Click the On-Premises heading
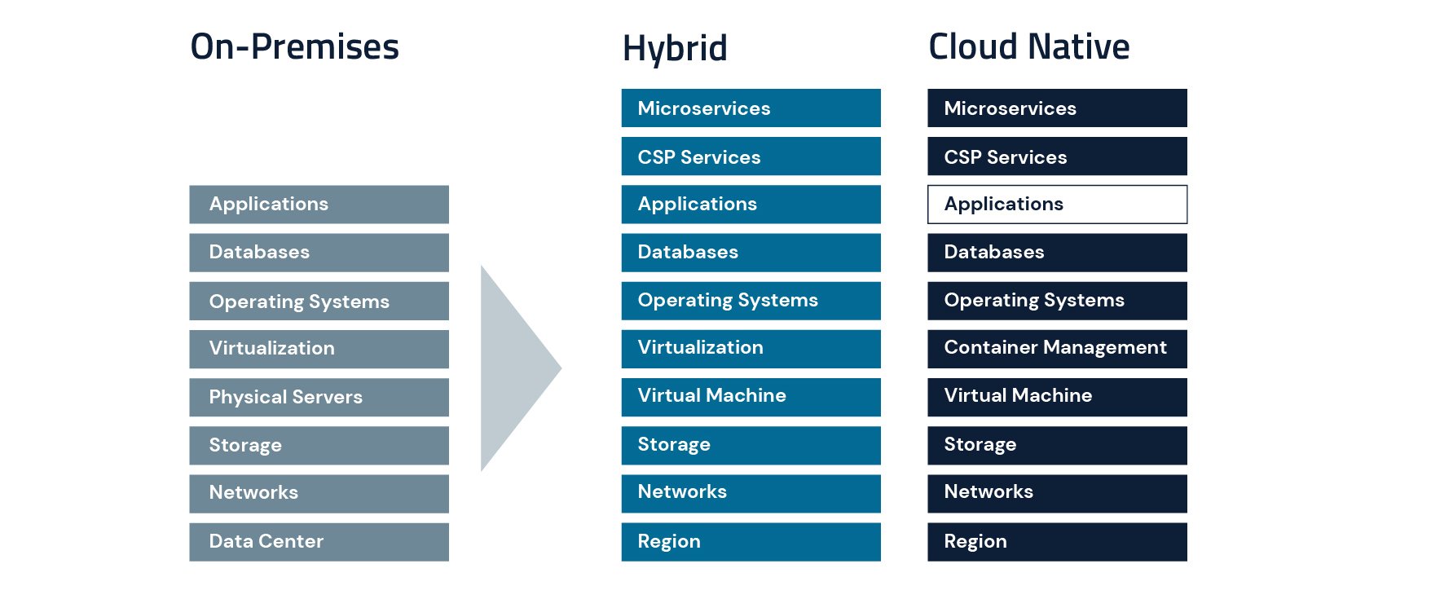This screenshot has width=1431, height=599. (x=294, y=47)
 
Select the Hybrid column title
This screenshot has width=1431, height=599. (x=674, y=49)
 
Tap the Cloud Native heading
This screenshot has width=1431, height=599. (x=1028, y=47)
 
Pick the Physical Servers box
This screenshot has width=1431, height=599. (x=319, y=397)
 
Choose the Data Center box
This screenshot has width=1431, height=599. (x=319, y=542)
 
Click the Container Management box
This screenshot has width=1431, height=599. (x=1057, y=349)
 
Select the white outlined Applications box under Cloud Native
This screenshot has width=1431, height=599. (x=1057, y=205)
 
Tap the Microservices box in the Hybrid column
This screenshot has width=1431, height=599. (x=751, y=108)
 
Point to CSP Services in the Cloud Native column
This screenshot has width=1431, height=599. (x=1057, y=156)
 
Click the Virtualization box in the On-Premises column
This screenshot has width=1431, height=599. (x=319, y=349)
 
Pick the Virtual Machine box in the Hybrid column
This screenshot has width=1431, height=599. (x=751, y=397)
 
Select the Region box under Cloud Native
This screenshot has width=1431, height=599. (x=1057, y=542)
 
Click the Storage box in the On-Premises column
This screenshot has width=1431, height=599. (x=319, y=446)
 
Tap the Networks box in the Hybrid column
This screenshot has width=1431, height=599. (x=751, y=493)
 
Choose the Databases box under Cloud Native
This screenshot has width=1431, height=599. (x=1057, y=253)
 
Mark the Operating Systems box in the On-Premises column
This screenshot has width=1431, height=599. (x=319, y=302)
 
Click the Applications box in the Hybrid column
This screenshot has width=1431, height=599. (x=751, y=205)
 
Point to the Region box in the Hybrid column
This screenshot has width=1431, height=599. (x=751, y=542)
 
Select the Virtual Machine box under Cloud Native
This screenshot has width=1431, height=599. (x=1057, y=397)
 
